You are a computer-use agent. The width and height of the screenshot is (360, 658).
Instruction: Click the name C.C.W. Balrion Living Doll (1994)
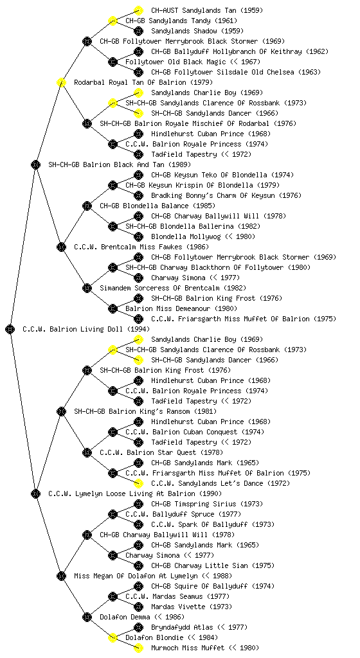coord(86,329)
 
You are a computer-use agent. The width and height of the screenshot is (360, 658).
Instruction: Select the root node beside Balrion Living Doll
coord(10,329)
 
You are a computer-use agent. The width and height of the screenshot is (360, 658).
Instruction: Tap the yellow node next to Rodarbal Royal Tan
coord(61,82)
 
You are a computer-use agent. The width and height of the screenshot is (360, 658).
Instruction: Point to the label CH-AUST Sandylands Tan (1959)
coord(207,10)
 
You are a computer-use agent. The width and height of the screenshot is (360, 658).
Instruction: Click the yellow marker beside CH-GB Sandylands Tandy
coord(113,21)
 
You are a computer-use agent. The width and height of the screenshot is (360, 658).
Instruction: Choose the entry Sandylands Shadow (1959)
coord(197,31)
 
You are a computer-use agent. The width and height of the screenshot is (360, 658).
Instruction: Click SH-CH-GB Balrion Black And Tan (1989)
coord(120,164)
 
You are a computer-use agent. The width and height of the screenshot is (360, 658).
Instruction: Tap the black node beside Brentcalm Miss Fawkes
coord(61,247)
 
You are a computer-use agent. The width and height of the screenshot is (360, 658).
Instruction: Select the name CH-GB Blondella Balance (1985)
coord(157,206)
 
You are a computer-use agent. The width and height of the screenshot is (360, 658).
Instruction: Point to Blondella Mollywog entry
coord(203,236)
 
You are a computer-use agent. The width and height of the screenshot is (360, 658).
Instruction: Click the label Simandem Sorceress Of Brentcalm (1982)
coord(173,288)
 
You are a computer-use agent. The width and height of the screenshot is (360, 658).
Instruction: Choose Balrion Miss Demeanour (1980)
coord(181,308)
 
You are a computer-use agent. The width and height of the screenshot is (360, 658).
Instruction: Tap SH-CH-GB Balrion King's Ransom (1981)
coord(145,411)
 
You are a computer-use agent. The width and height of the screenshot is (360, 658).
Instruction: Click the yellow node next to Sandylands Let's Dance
coord(138,483)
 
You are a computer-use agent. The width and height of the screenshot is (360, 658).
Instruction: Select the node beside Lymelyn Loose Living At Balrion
coord(35,493)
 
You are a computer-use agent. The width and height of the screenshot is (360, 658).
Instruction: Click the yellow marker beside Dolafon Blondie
coord(113,637)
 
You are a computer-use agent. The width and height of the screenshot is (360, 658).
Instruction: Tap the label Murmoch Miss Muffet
coord(205,648)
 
